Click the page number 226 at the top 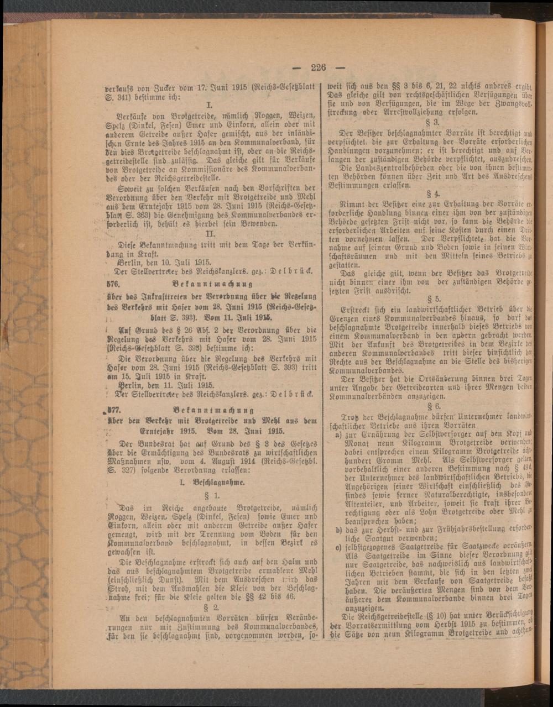click(319, 67)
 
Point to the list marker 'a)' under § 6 click(338, 436)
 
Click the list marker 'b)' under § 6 click(338, 530)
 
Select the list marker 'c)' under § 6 click(338, 548)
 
